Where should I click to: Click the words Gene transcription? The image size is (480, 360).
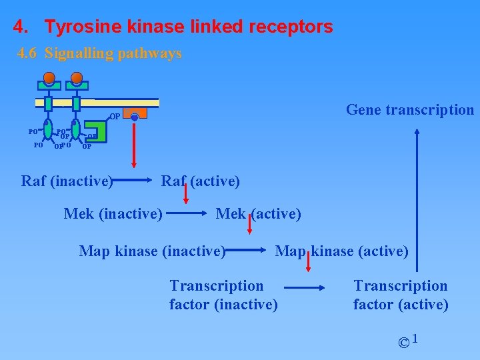coord(410,110)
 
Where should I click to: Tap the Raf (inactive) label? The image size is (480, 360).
coord(67,180)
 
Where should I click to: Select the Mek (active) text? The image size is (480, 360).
coord(259,214)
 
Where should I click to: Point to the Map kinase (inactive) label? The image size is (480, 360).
coord(153,251)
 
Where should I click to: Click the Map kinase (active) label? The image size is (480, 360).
coord(342,251)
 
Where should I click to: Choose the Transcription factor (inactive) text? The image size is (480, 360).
coord(223,295)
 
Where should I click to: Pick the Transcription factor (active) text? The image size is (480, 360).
coord(401,295)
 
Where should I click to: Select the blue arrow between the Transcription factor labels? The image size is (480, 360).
coord(304,288)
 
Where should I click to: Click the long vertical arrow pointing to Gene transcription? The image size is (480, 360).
coord(417,200)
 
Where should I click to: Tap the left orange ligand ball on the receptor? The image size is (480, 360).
coord(49,77)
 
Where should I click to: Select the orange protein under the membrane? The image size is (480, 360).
coord(133,115)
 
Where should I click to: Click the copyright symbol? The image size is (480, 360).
coord(403,343)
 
